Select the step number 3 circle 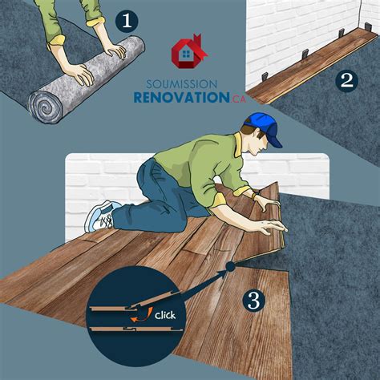coord(253,301)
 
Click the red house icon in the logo coord(188,51)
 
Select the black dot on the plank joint coord(229,265)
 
